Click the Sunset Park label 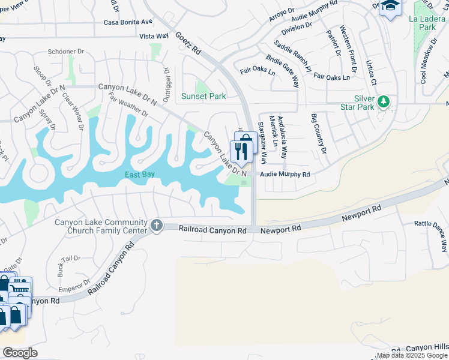point(203,96)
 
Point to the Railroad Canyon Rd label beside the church point(212,230)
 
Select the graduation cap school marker point(391,7)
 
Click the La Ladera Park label point(423,23)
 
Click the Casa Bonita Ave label point(128,22)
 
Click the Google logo point(20,353)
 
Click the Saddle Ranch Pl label point(292,56)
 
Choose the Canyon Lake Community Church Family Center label point(101,226)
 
